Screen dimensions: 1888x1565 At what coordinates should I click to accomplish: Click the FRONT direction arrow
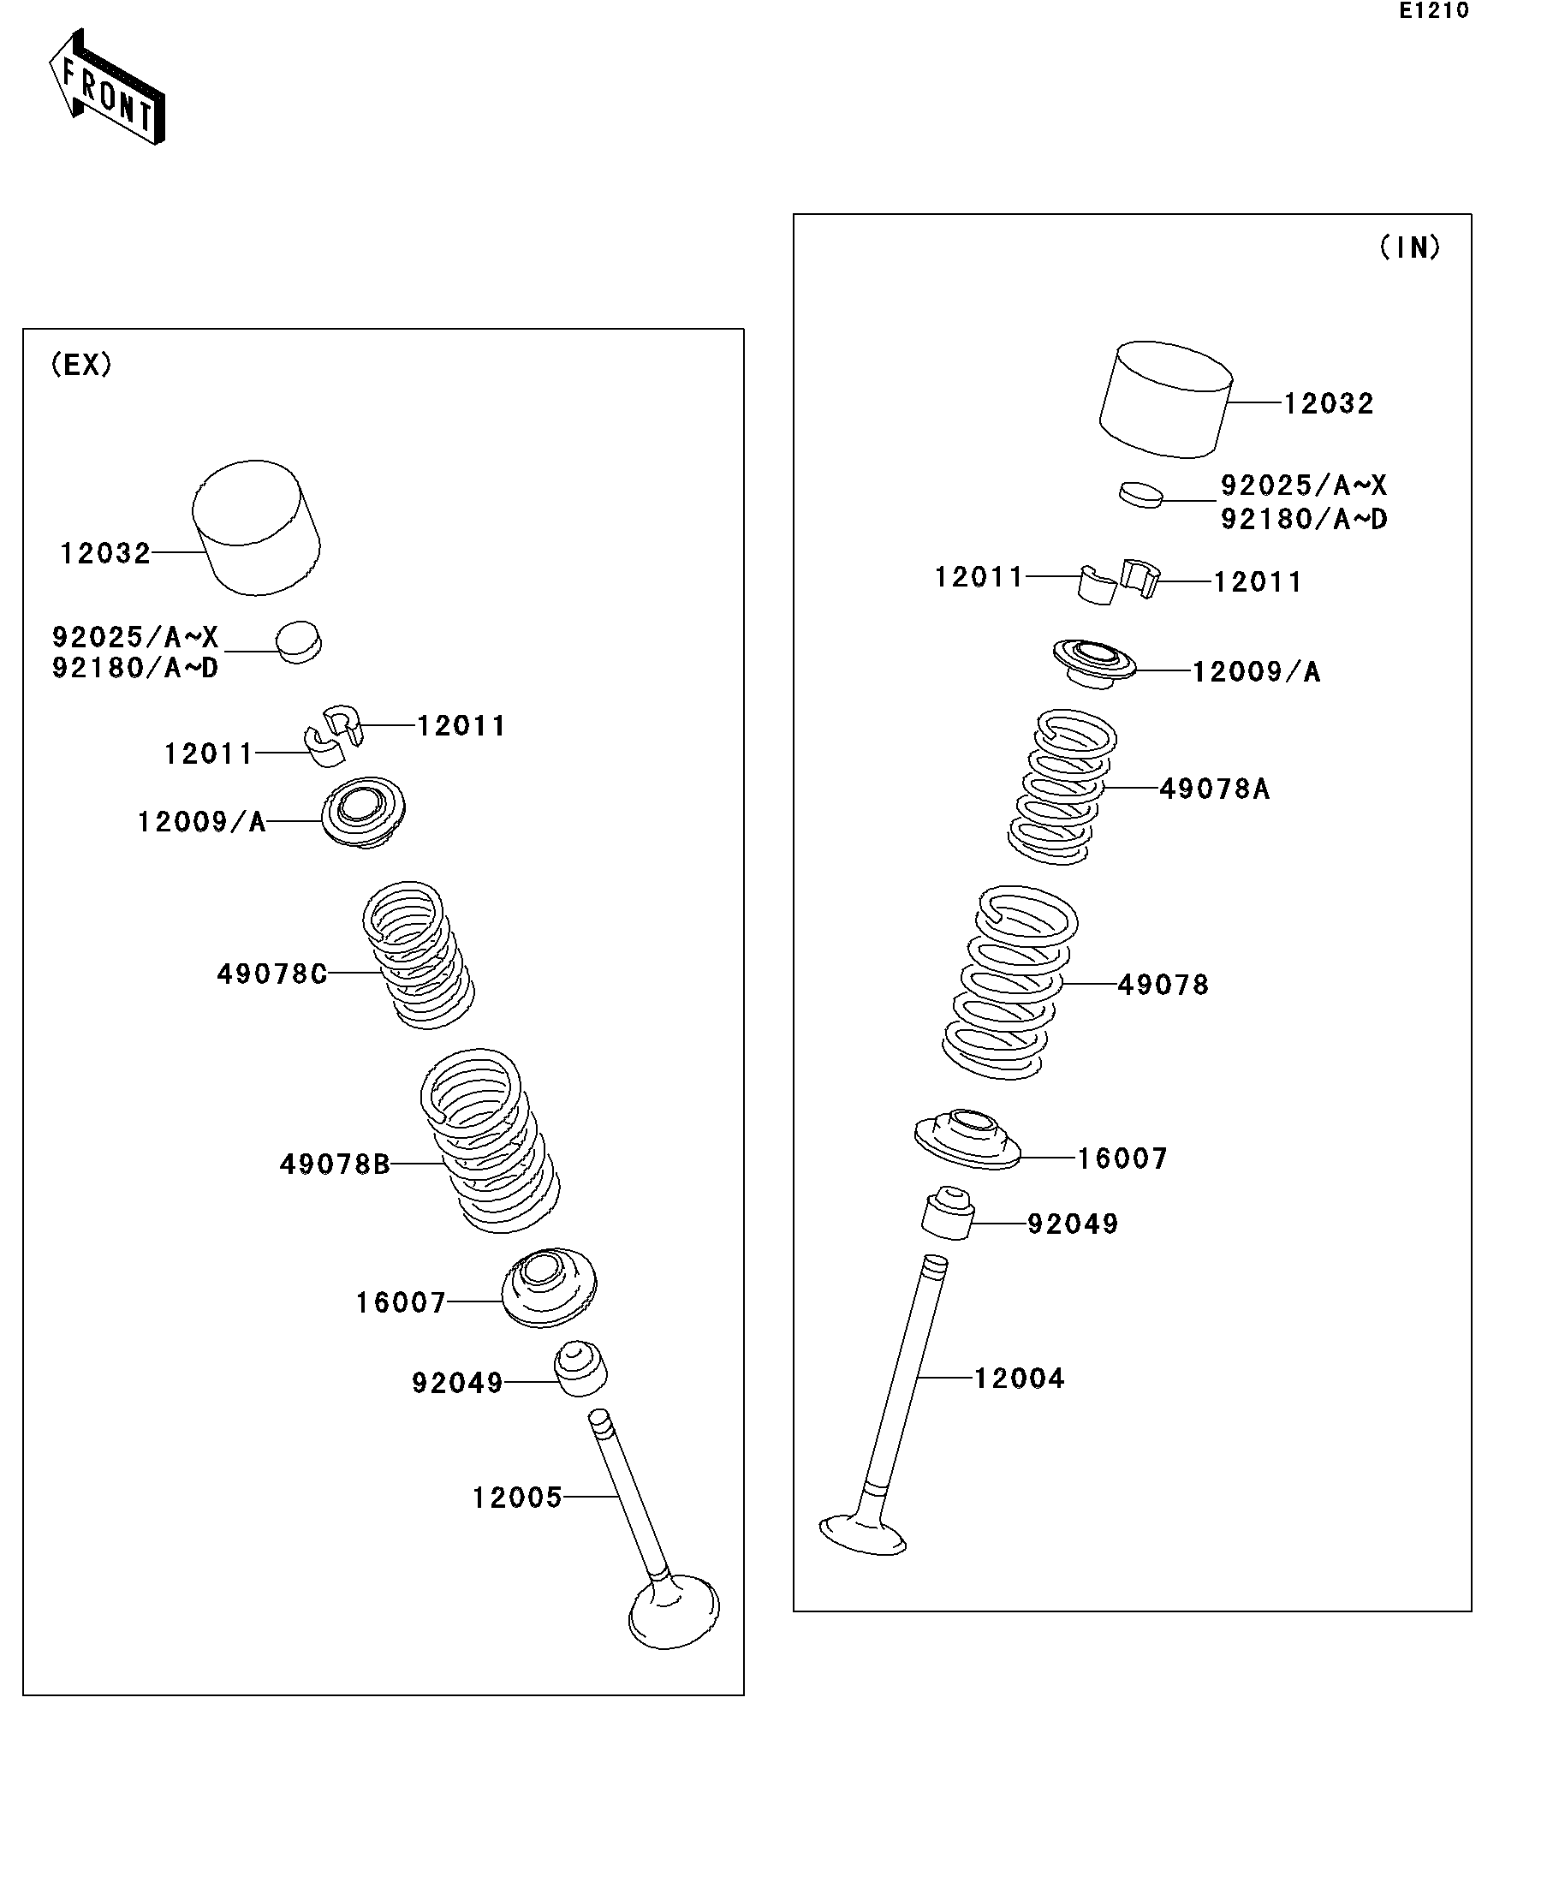(106, 87)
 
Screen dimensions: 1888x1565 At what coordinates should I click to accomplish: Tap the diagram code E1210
(1434, 12)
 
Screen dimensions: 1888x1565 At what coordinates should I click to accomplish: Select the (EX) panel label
(80, 364)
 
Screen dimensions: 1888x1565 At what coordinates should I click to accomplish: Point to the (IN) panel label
(1409, 247)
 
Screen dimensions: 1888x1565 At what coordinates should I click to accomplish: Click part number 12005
(517, 1497)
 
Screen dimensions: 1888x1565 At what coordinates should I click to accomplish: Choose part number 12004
(1020, 1379)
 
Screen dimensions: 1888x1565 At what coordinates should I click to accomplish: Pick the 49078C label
(271, 974)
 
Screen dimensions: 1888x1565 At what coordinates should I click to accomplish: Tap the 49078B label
(335, 1164)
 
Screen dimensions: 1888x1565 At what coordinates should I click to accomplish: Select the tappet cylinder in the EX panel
(256, 527)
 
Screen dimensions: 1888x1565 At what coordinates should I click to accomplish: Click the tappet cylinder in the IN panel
(1165, 399)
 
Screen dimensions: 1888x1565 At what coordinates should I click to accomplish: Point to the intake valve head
(862, 1534)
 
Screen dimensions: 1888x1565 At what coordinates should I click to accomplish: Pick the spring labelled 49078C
(419, 955)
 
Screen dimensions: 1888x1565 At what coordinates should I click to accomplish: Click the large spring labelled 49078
(1009, 983)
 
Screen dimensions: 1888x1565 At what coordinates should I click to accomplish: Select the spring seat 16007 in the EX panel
(548, 1288)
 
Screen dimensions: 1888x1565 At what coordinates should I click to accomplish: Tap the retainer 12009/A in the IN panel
(1094, 664)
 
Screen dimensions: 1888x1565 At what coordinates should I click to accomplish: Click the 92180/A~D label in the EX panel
(134, 668)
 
